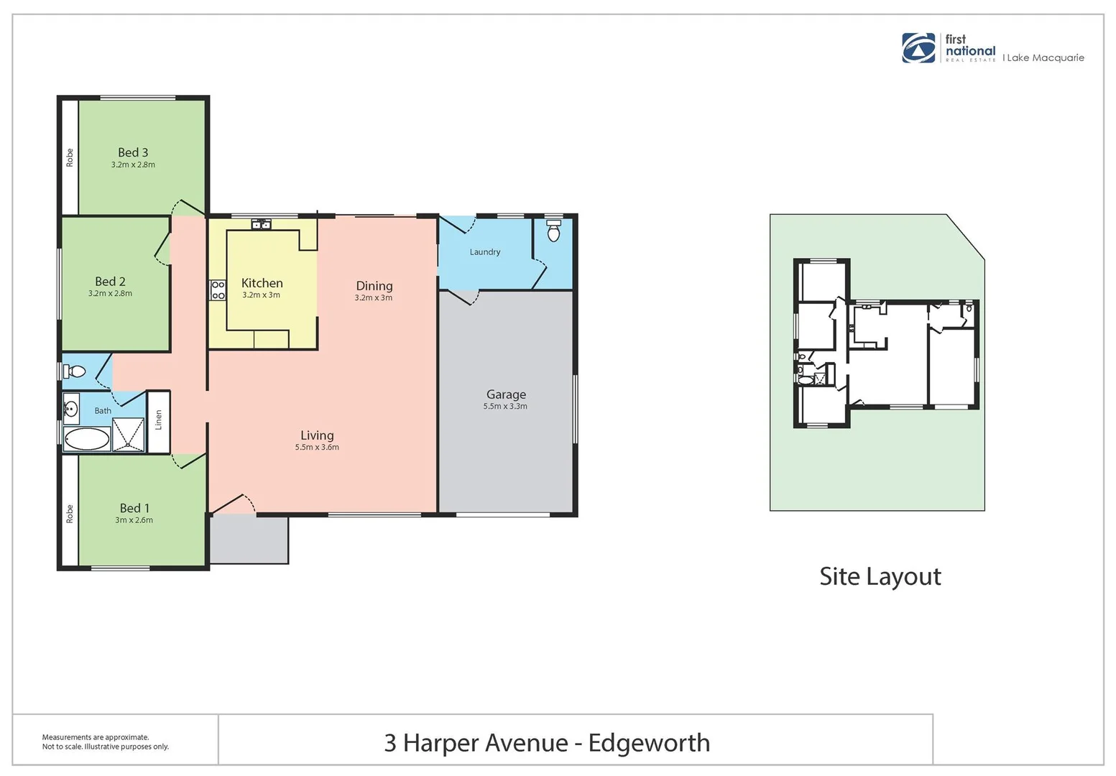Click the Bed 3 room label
pos(133,152)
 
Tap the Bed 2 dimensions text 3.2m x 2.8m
pos(110,293)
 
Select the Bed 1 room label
pos(134,508)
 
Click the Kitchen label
pos(262,283)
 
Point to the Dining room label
pos(374,286)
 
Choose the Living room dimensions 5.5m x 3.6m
pos(317,447)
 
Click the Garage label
pos(506,394)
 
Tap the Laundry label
pos(484,252)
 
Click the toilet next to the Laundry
pos(553,231)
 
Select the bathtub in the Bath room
pos(87,439)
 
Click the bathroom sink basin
pos(70,410)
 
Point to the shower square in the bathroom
pos(129,435)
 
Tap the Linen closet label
pos(159,420)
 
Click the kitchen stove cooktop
pos(218,290)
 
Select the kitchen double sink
pos(261,225)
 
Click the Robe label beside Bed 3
pos(70,157)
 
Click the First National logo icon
pos(919,48)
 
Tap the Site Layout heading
pos(880,576)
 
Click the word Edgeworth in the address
pos(648,742)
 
